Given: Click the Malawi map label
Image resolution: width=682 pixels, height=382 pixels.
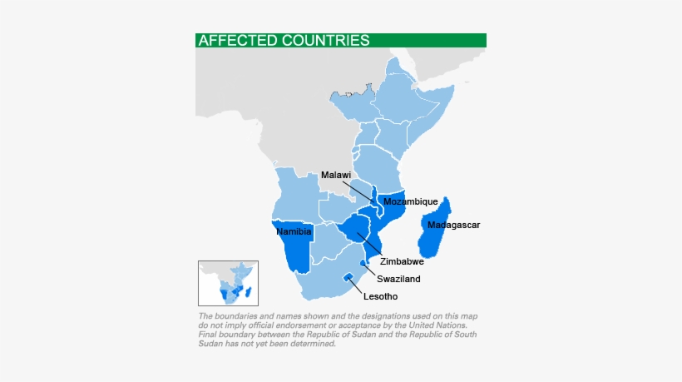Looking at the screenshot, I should click(x=335, y=175).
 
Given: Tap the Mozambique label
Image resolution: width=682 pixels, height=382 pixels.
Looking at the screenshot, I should click(x=410, y=201).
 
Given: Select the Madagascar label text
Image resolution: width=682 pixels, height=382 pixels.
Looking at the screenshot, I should click(x=453, y=225).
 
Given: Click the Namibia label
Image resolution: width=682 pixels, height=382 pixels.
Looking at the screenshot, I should click(x=294, y=232).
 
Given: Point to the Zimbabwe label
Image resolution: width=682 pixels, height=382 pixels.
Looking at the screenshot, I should click(x=402, y=261).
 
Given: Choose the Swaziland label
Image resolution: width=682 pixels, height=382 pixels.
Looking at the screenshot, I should click(x=398, y=279).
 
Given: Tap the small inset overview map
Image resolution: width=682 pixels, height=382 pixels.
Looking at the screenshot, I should click(x=228, y=283).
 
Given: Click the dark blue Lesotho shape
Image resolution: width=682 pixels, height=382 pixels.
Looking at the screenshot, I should click(x=346, y=277).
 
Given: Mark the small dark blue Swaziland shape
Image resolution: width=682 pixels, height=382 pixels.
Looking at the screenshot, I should click(x=363, y=263).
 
